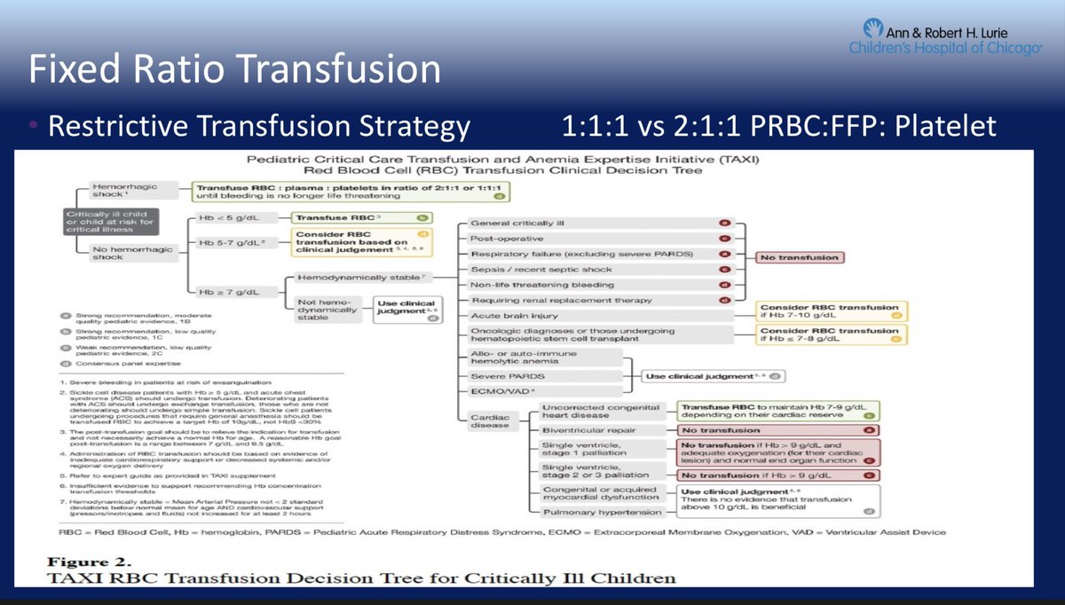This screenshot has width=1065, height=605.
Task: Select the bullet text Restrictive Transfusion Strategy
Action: coord(258,126)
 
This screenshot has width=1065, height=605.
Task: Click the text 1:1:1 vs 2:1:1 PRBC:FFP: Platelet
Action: coord(779,126)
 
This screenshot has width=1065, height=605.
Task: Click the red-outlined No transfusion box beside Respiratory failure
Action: coord(797,257)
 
